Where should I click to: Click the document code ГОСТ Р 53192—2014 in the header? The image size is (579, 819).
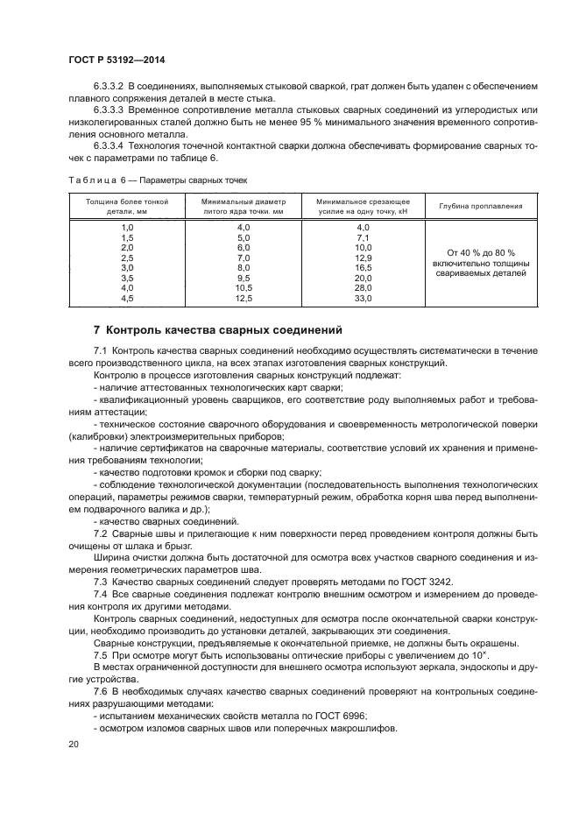click(x=116, y=59)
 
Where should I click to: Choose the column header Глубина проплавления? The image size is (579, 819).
click(x=481, y=207)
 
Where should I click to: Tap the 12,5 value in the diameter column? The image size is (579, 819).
click(x=244, y=298)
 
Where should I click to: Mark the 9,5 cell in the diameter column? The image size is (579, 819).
click(x=244, y=278)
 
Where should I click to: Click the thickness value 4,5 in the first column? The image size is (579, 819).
click(x=126, y=298)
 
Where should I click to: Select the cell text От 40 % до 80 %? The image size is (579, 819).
click(x=481, y=252)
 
